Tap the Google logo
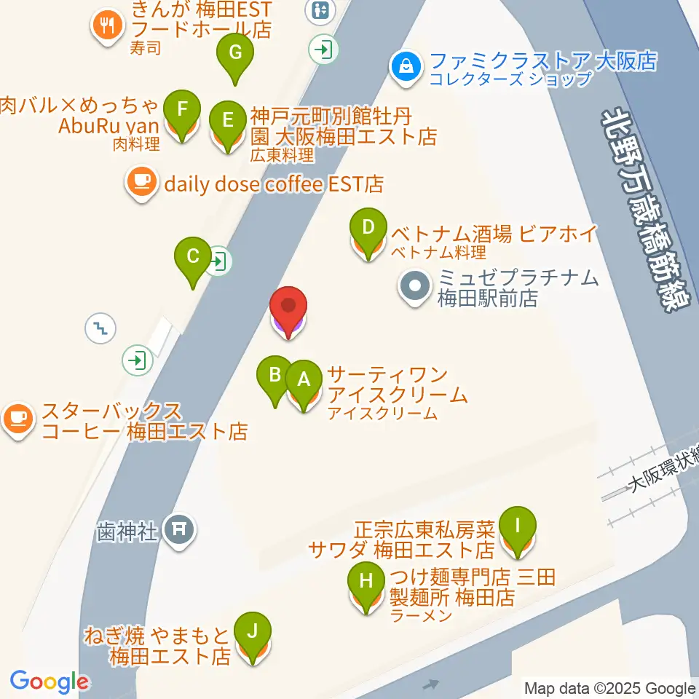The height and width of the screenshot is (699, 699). (49, 682)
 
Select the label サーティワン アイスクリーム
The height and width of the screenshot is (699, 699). (397, 386)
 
